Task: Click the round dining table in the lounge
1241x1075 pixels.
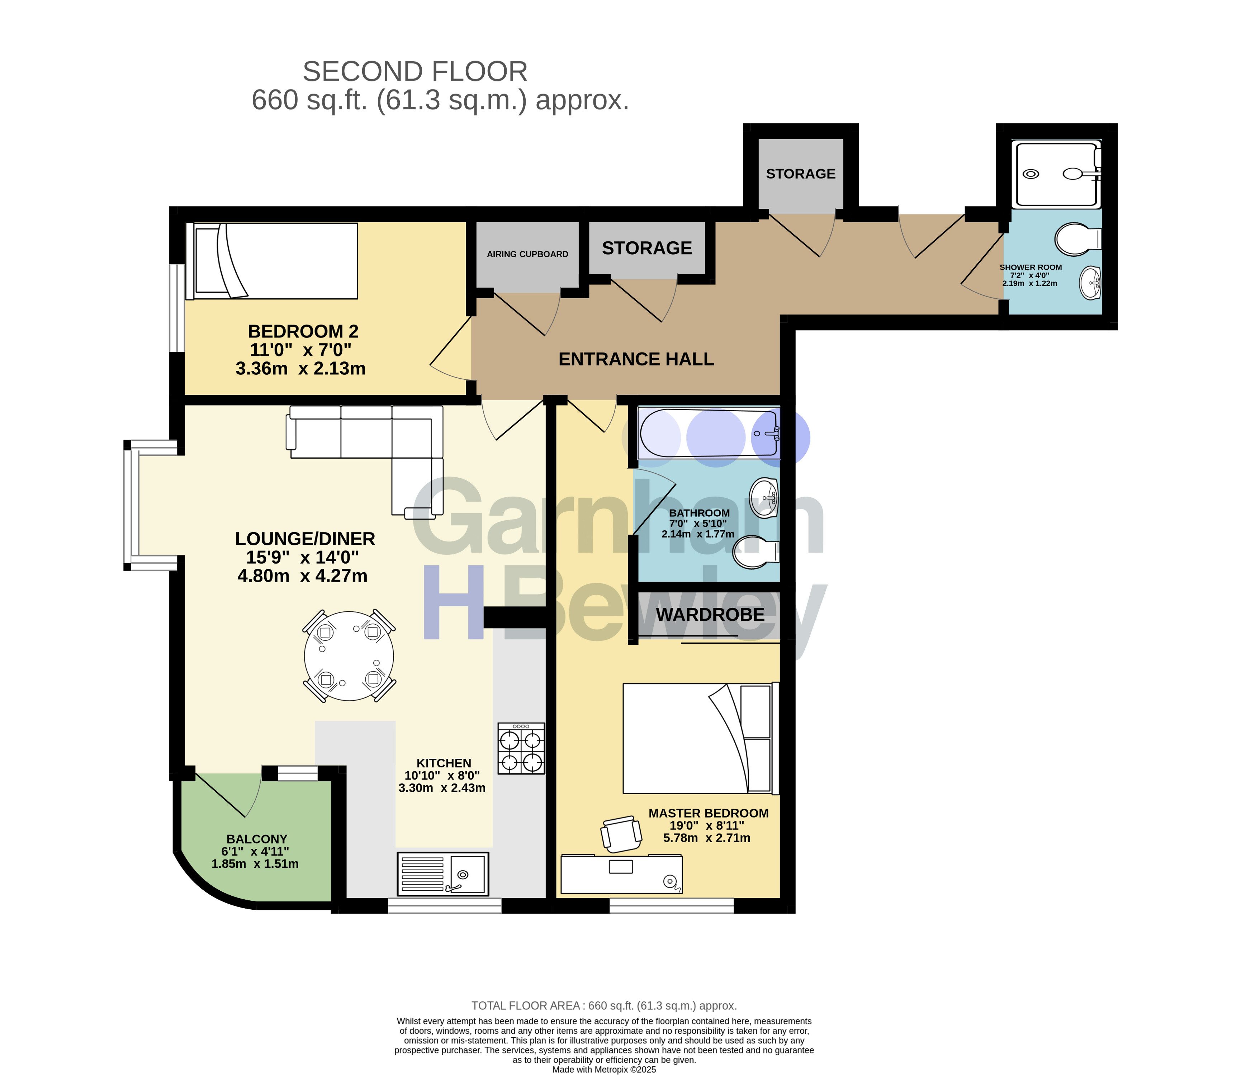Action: click(349, 656)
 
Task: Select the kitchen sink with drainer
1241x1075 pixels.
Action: click(443, 873)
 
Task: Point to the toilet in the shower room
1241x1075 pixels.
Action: click(1078, 240)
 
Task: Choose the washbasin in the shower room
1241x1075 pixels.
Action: click(1090, 283)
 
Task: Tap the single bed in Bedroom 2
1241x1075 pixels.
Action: click(272, 261)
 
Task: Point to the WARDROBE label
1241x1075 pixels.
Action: click(710, 615)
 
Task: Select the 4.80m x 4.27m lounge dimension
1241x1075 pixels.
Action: click(302, 576)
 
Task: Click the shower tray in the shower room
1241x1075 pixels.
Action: click(1056, 174)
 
